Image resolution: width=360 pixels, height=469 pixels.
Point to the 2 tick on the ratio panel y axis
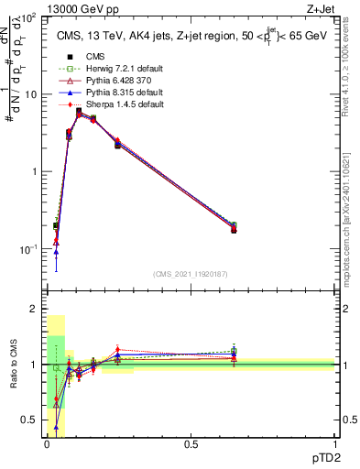[x=34, y=309]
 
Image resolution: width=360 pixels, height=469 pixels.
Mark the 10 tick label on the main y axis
[x=30, y=94]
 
